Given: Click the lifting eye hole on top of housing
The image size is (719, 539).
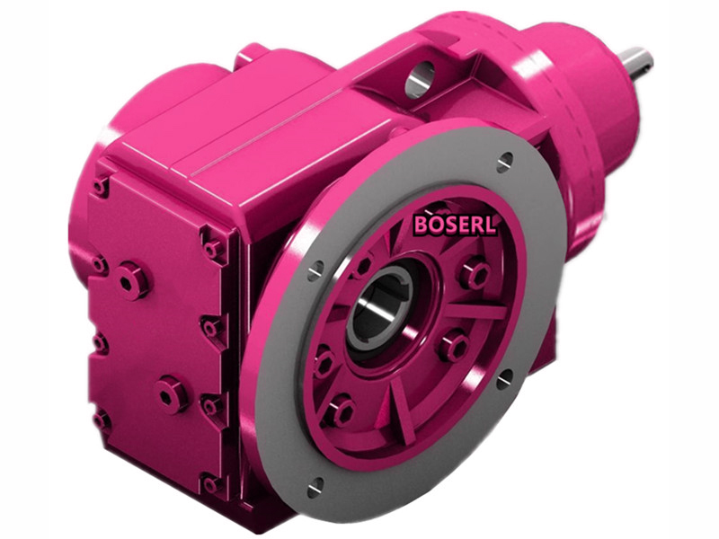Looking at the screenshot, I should tap(419, 82).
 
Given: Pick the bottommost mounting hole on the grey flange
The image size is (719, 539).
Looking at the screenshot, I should tap(315, 487).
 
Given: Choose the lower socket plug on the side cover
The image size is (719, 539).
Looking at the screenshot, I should tap(171, 392).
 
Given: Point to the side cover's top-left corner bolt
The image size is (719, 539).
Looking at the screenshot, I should tap(101, 187).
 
